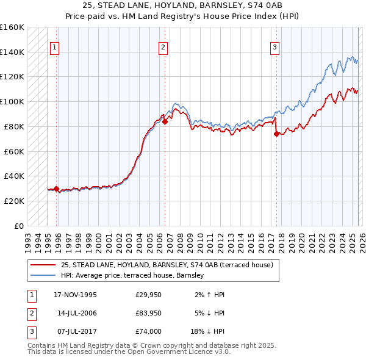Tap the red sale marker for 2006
click(x=165, y=121)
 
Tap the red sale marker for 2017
click(x=276, y=134)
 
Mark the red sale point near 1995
click(x=57, y=189)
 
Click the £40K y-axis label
click(x=13, y=176)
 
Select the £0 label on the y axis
click(x=18, y=226)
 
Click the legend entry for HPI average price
click(x=132, y=276)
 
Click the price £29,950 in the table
click(x=148, y=295)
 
